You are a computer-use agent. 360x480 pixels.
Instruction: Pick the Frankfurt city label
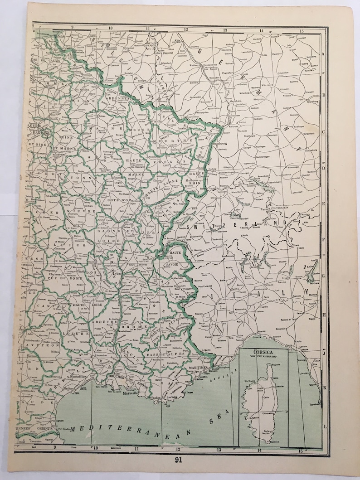(231, 72)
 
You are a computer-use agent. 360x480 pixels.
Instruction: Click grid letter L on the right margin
(324, 426)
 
